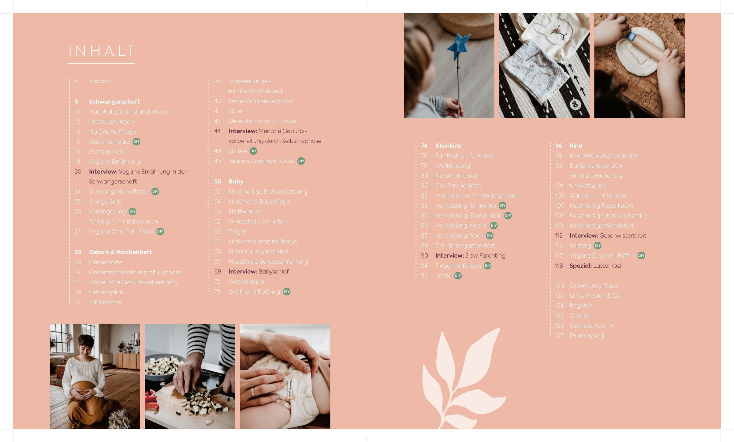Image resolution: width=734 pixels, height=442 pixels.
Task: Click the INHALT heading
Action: coord(102,51)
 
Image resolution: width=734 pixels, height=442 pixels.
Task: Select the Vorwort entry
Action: coord(100,81)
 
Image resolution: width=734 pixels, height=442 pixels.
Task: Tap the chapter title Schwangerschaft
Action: coord(114,102)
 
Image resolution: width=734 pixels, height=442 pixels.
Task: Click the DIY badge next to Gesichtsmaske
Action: coord(136,142)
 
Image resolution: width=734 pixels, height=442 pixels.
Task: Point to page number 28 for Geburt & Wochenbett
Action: coord(78,252)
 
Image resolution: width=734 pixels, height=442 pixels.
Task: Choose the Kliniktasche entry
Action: coord(105,302)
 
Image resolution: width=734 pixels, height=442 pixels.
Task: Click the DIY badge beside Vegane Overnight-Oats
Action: coord(301,161)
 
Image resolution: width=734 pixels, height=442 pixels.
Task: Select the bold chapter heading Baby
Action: coord(236,181)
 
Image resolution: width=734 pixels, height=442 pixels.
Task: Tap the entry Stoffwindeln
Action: coord(245,211)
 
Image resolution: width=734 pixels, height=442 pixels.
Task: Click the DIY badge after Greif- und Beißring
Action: coord(286,292)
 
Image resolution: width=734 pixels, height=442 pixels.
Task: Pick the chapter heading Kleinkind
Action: coord(449,146)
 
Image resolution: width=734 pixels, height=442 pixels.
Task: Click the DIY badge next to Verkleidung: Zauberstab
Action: coord(508,216)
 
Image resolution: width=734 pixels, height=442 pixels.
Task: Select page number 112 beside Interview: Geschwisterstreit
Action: coord(559,236)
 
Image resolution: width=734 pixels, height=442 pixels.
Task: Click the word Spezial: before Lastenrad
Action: coord(581,266)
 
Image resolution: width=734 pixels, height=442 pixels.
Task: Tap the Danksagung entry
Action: coord(587,336)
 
